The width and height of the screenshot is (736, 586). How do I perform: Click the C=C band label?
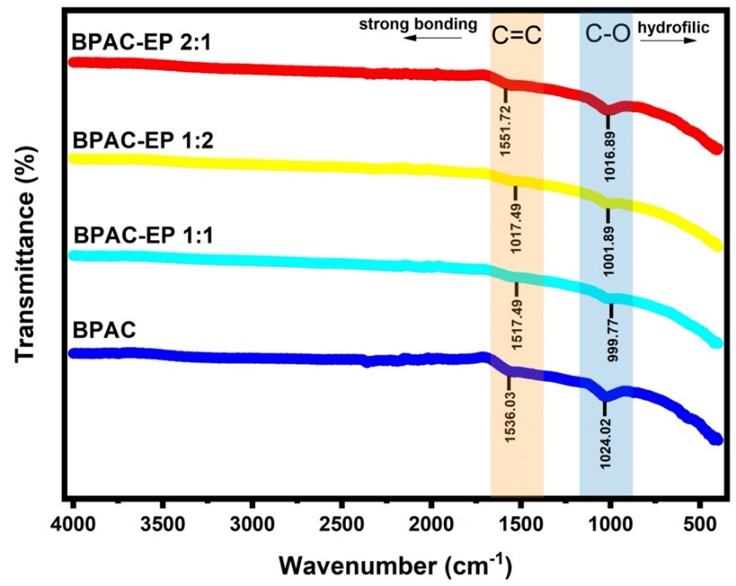[x=516, y=34]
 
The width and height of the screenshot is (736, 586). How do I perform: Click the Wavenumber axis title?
[x=395, y=562]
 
